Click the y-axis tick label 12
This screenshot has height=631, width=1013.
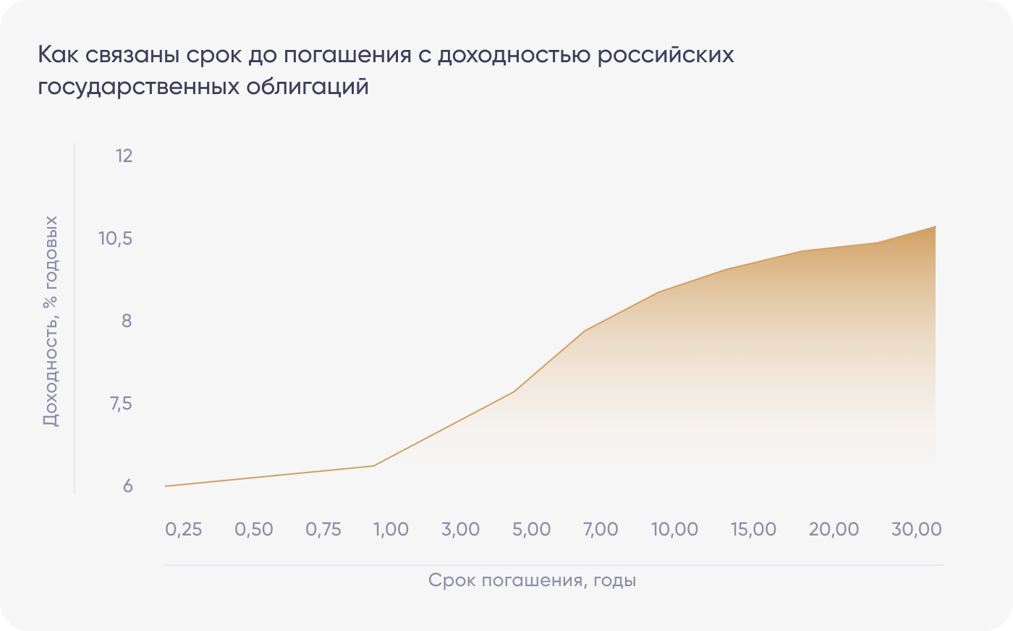[x=124, y=156]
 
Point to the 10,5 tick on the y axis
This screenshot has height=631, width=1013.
[x=116, y=238]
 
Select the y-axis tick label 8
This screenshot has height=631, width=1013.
[x=127, y=321]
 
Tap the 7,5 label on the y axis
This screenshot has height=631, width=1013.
[x=121, y=403]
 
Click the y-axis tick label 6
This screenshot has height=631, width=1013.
[x=127, y=486]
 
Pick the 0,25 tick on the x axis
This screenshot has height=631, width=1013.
[x=184, y=530]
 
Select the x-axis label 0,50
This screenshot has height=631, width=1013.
[x=254, y=530]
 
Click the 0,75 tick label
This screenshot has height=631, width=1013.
[x=323, y=530]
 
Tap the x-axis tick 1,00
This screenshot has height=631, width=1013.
[x=391, y=530]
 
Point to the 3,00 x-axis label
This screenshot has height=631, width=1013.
[x=461, y=530]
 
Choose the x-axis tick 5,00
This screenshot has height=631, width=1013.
[x=532, y=530]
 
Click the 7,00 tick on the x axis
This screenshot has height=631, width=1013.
[x=601, y=530]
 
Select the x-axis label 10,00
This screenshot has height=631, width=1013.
[x=674, y=530]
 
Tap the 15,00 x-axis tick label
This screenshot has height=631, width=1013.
[x=753, y=530]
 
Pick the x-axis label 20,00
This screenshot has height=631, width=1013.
[x=834, y=530]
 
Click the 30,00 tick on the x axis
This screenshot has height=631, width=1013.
[x=917, y=530]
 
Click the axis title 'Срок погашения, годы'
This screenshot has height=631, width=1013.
[x=532, y=580]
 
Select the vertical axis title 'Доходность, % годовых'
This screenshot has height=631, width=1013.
[x=50, y=321]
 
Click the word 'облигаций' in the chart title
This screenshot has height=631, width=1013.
[x=308, y=87]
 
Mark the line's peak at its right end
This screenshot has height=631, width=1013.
[x=936, y=226]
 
